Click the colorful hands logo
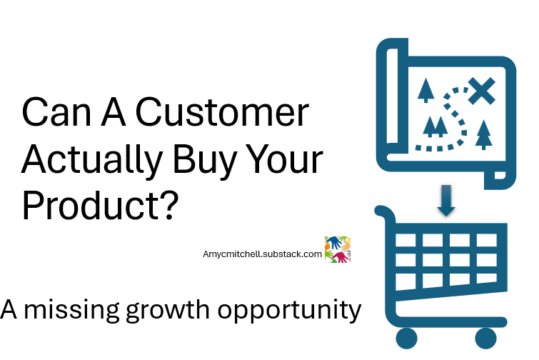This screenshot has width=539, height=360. (x=338, y=249)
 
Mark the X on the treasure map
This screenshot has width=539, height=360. (x=482, y=91)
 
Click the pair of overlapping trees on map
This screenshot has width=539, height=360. (x=435, y=126)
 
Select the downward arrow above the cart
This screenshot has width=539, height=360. (x=447, y=200)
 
